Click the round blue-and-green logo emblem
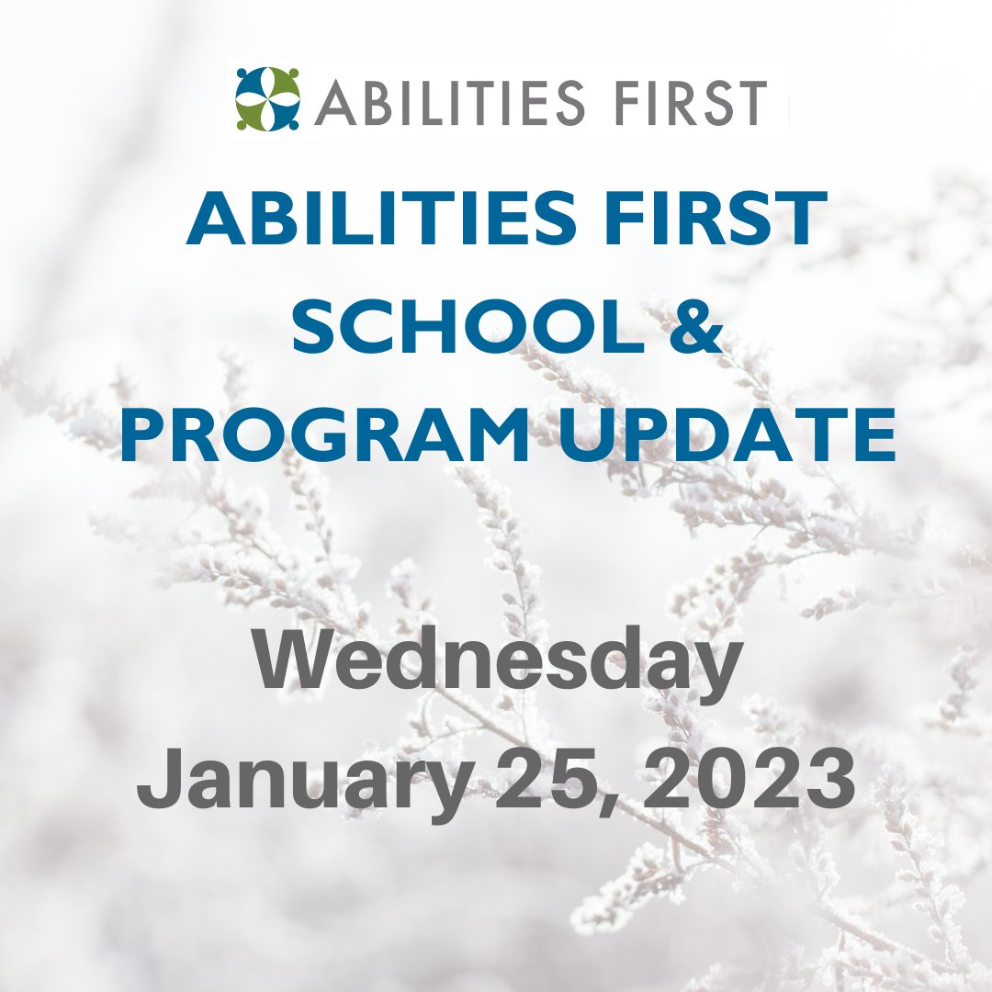(267, 98)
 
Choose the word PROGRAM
(325, 436)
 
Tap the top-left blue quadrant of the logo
(252, 83)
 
